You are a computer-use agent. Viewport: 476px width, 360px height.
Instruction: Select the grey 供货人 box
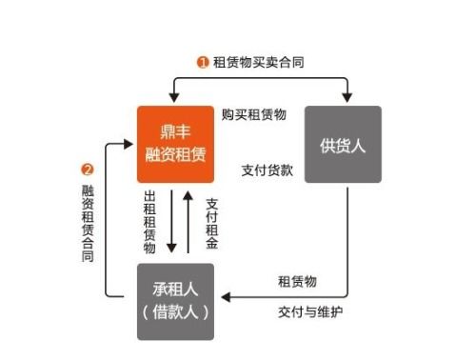click(x=343, y=144)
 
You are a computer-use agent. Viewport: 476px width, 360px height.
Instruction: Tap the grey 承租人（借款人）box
click(x=175, y=301)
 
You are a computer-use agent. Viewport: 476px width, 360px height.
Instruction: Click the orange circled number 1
click(x=203, y=62)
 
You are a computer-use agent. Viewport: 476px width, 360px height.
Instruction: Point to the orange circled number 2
click(x=88, y=170)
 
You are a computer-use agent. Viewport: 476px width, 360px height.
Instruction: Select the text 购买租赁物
click(x=253, y=114)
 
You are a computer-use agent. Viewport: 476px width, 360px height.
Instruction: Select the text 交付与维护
click(x=305, y=310)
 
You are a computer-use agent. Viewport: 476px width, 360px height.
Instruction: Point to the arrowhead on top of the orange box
click(x=172, y=99)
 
